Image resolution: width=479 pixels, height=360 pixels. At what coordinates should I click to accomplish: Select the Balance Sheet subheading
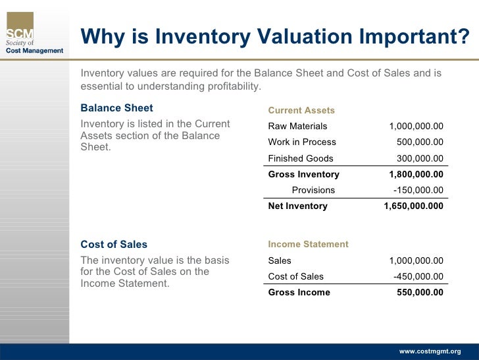point(116,108)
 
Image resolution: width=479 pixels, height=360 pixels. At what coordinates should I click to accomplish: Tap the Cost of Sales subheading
point(114,244)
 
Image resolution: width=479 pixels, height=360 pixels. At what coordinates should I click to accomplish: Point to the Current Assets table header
point(301,110)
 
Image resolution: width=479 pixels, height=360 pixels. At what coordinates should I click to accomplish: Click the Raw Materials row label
point(297,126)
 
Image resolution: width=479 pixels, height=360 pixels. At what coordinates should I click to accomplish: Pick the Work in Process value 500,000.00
point(420,142)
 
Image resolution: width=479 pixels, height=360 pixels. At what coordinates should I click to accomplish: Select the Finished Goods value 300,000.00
point(420,158)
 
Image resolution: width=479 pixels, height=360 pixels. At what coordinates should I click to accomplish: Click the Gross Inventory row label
point(303,174)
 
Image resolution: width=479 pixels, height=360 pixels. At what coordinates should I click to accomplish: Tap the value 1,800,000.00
point(416,174)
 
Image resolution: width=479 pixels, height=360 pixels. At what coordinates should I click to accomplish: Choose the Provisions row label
point(313,190)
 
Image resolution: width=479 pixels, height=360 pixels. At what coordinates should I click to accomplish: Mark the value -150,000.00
point(418,190)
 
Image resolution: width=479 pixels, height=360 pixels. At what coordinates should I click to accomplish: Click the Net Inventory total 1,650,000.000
point(413,206)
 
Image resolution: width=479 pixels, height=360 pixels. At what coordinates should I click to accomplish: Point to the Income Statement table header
point(308,244)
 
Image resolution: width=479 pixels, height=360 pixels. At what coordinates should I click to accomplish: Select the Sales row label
point(280,260)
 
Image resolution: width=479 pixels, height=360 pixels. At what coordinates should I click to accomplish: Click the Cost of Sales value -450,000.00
point(418,276)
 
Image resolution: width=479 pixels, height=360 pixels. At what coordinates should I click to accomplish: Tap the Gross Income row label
point(299,292)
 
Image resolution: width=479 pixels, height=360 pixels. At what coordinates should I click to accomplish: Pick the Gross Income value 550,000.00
point(420,292)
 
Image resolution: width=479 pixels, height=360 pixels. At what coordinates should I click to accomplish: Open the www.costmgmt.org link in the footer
point(430,351)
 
